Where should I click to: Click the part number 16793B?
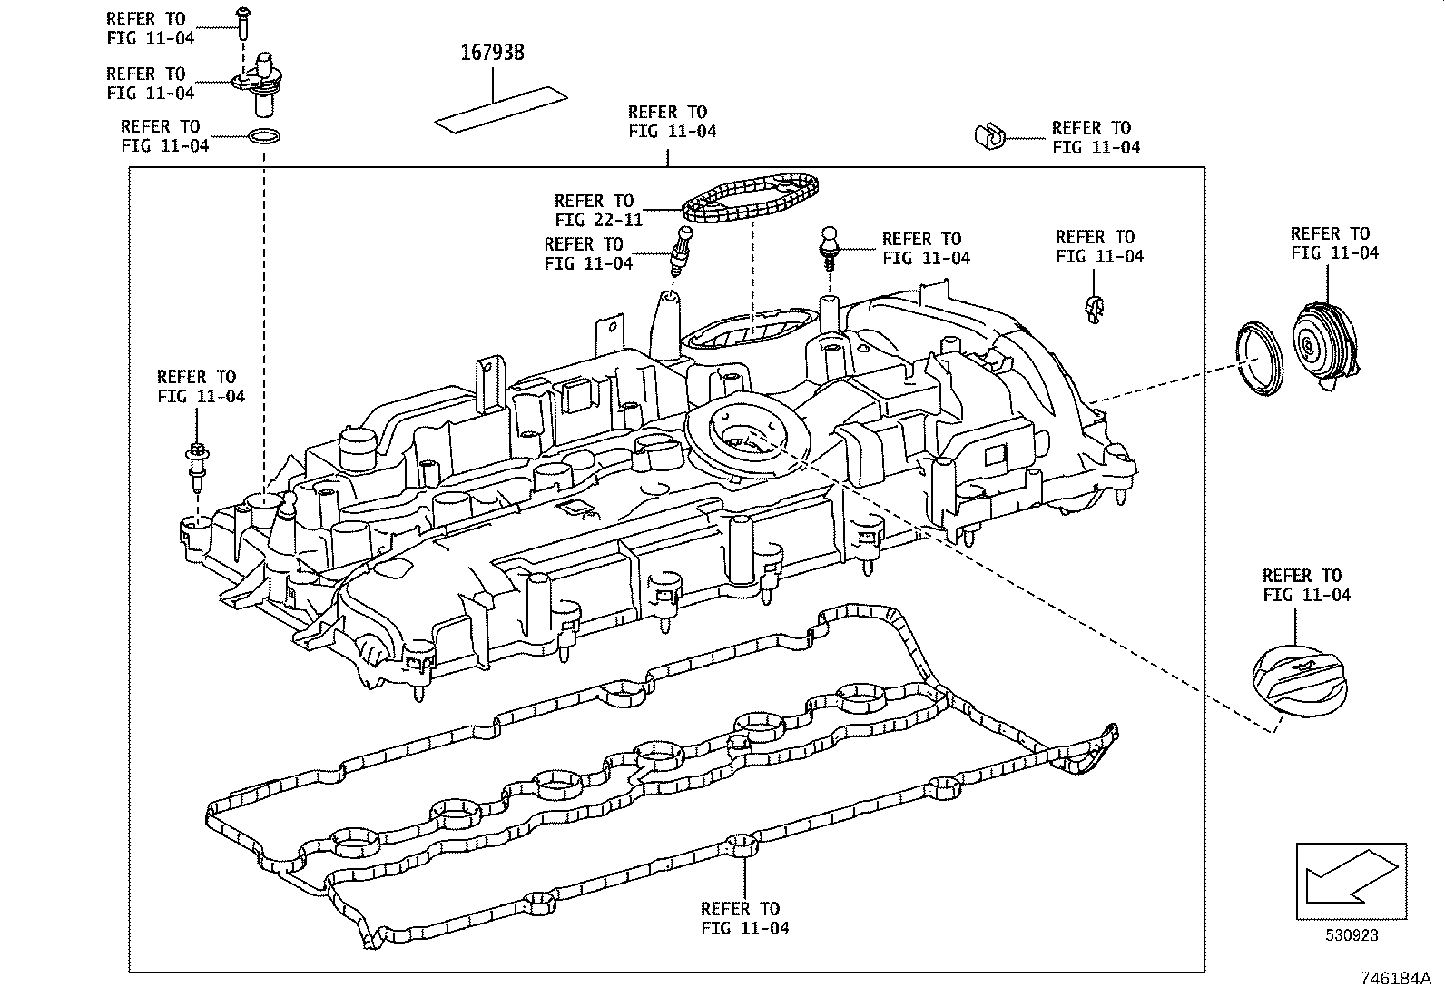[x=491, y=54]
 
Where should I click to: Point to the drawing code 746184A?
[x=1394, y=979]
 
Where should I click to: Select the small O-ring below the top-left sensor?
[x=263, y=138]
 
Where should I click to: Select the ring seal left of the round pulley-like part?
[x=1261, y=359]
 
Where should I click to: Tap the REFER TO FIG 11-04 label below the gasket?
[x=744, y=918]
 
